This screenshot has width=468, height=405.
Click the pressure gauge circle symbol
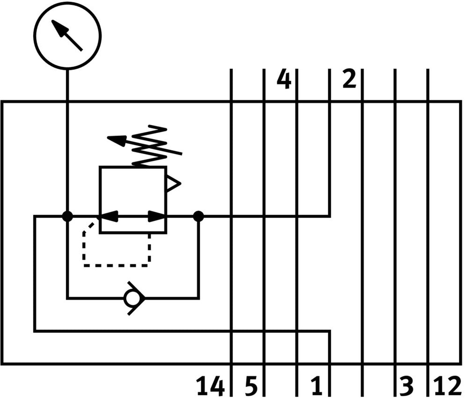click(x=67, y=36)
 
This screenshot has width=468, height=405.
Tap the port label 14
click(x=210, y=387)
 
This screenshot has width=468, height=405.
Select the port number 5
click(x=251, y=387)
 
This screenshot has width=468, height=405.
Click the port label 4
click(x=284, y=79)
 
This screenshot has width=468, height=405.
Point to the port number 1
click(x=317, y=387)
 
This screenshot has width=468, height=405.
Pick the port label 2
click(x=349, y=79)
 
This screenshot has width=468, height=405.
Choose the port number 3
click(x=408, y=387)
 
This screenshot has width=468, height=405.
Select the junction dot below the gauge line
click(x=67, y=216)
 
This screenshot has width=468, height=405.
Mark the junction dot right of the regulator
click(x=198, y=216)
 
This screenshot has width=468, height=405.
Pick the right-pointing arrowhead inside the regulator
click(x=157, y=216)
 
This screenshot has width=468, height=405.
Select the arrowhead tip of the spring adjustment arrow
click(x=110, y=138)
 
